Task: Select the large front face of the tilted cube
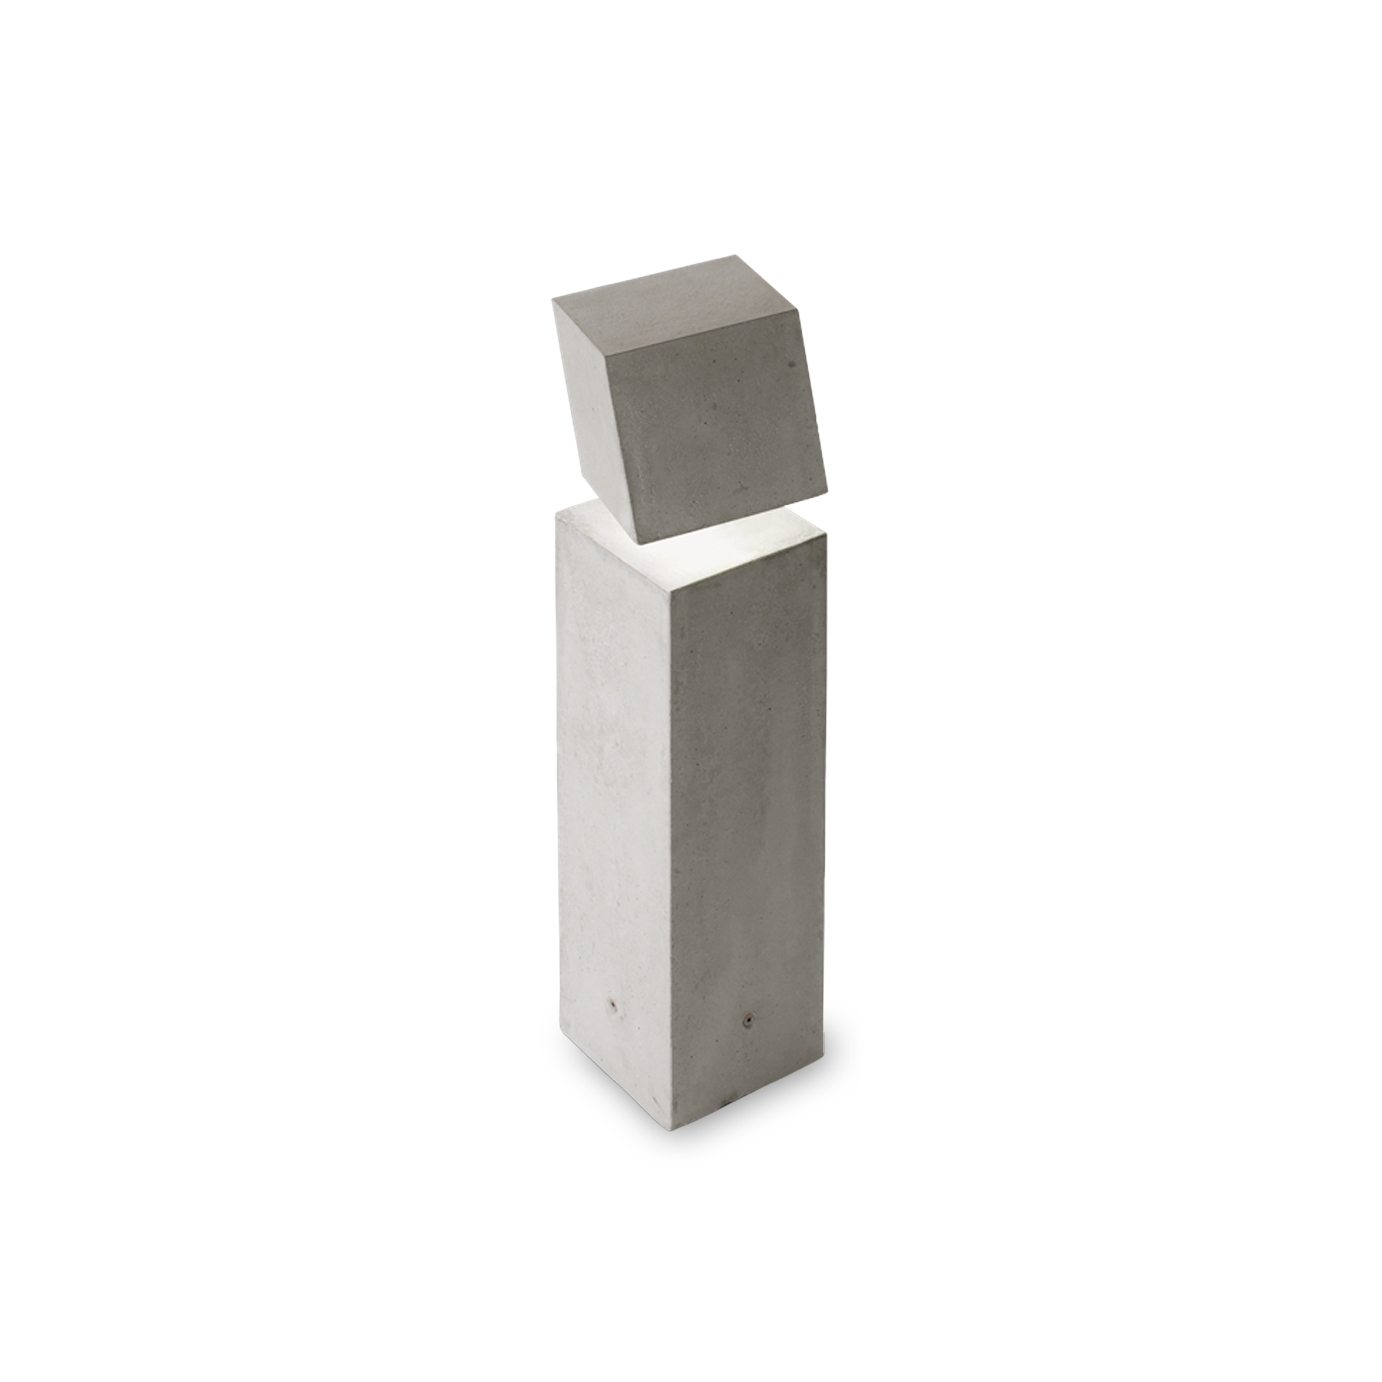tap(715, 436)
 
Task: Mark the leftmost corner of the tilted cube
tap(553, 300)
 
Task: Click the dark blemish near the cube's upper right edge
tap(792, 365)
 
